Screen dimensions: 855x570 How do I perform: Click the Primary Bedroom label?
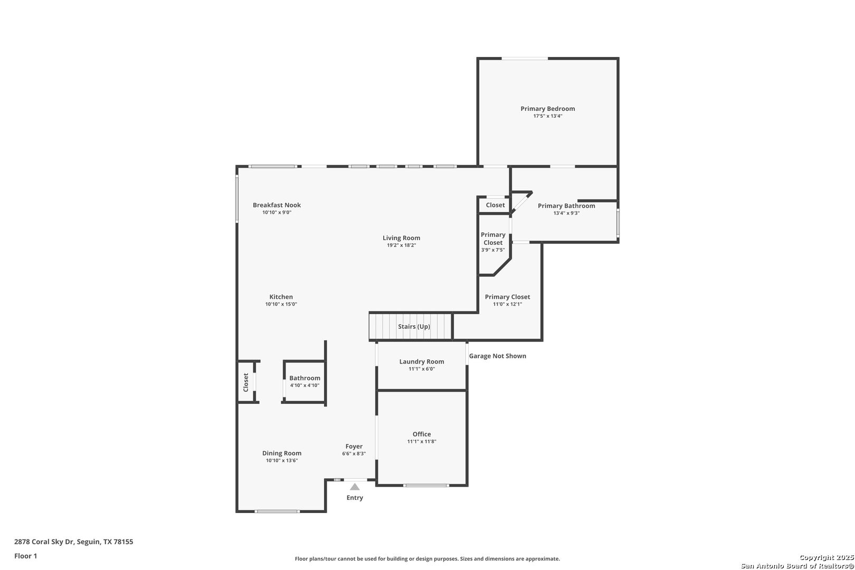pyautogui.click(x=548, y=109)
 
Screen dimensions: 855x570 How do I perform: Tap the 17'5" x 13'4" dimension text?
pyautogui.click(x=548, y=116)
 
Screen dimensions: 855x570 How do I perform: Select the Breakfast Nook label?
pyautogui.click(x=277, y=205)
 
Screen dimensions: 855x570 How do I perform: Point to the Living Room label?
pyautogui.click(x=401, y=238)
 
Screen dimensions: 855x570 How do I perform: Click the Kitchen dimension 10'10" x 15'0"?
pyautogui.click(x=281, y=305)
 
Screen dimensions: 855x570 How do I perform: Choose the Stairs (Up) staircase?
pyautogui.click(x=411, y=326)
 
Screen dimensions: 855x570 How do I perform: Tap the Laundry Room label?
pyautogui.click(x=422, y=362)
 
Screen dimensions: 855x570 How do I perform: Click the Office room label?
pyautogui.click(x=422, y=434)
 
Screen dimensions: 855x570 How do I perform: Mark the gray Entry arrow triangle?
pyautogui.click(x=355, y=487)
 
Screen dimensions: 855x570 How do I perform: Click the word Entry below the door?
pyautogui.click(x=355, y=498)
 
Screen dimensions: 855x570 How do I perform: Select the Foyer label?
pyautogui.click(x=354, y=446)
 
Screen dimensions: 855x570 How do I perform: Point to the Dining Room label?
pyautogui.click(x=282, y=453)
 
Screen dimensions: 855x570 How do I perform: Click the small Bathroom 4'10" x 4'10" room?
pyautogui.click(x=305, y=382)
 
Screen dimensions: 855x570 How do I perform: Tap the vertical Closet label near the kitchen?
pyautogui.click(x=246, y=383)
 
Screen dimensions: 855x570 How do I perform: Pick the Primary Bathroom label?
pyautogui.click(x=566, y=206)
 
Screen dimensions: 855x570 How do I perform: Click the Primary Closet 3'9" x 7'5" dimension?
pyautogui.click(x=493, y=250)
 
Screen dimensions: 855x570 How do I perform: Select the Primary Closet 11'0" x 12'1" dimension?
pyautogui.click(x=508, y=305)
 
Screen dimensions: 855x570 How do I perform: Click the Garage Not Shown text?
pyautogui.click(x=497, y=356)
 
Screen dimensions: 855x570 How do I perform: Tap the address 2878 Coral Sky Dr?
pyautogui.click(x=44, y=541)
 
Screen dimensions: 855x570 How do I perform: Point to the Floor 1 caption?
pyautogui.click(x=25, y=556)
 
